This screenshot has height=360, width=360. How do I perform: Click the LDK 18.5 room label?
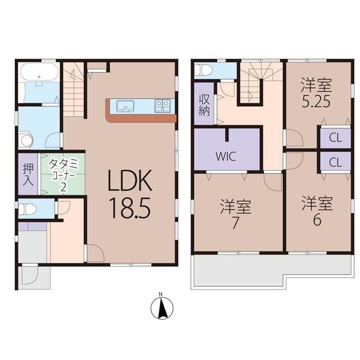[x=130, y=194]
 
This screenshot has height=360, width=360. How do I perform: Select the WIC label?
[x=226, y=156]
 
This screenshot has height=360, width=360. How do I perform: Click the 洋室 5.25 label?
[x=316, y=93]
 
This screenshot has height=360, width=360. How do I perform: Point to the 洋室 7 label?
[x=235, y=214]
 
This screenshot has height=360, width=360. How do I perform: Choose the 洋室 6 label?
[x=317, y=211]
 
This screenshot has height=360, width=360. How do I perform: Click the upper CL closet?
[x=335, y=138]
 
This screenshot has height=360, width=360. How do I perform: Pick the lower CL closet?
[x=335, y=162]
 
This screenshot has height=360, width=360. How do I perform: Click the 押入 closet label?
[x=28, y=174]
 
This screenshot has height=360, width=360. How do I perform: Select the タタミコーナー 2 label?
[x=63, y=175]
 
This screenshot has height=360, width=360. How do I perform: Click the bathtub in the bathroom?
[x=39, y=72]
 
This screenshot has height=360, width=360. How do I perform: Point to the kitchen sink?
[x=125, y=106]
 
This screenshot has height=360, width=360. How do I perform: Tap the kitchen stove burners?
[x=163, y=106]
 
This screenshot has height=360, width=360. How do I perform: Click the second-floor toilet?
[x=202, y=70]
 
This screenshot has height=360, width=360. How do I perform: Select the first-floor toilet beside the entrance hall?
[x=27, y=209]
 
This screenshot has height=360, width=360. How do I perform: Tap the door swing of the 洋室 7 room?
[x=273, y=182]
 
